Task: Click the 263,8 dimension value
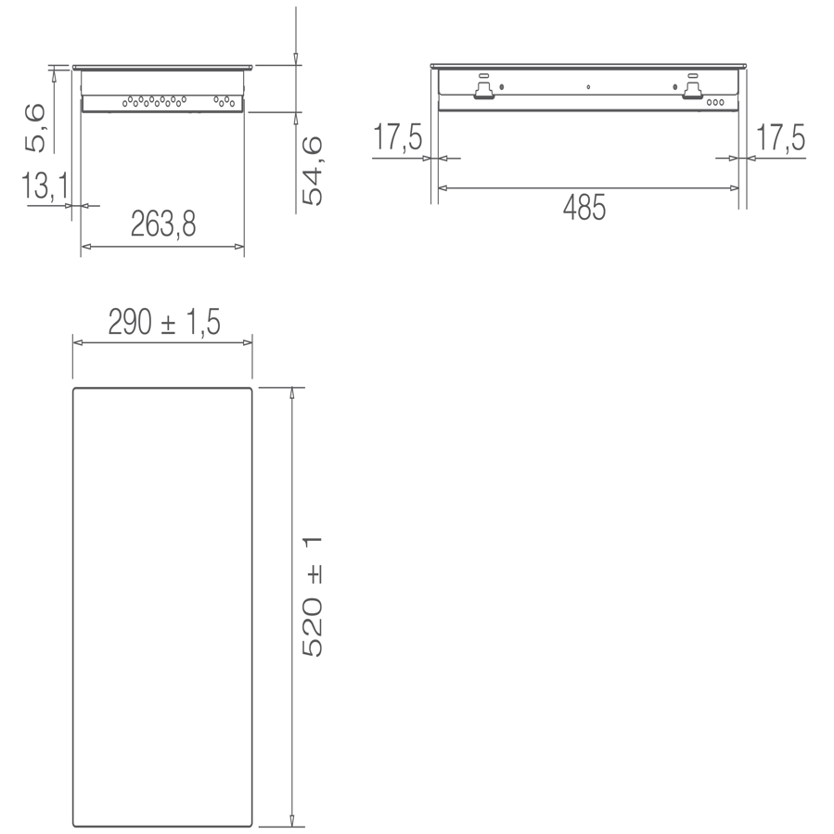point(163,225)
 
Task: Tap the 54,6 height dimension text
point(313,170)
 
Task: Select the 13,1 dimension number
point(45,187)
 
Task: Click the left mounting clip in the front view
point(482,88)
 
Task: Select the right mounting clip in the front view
point(692,88)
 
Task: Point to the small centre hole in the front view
point(588,88)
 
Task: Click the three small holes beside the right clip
point(716,102)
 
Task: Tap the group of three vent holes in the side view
point(223,99)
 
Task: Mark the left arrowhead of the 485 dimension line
point(443,188)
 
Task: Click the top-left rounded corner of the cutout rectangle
point(76,391)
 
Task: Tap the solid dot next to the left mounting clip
point(502,87)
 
